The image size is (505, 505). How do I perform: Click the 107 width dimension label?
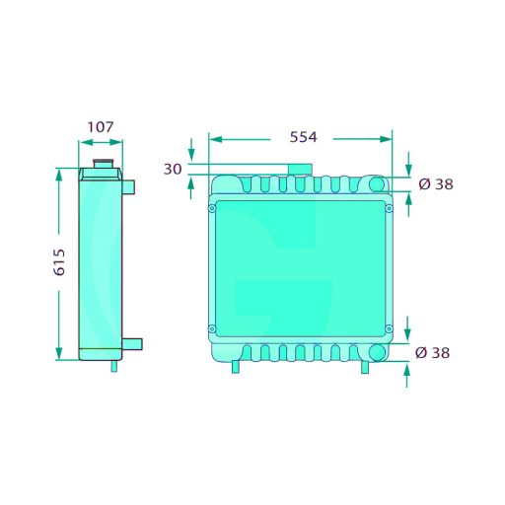click(x=101, y=127)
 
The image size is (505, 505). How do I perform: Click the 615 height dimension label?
click(x=59, y=262)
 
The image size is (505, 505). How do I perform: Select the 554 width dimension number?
click(x=303, y=137)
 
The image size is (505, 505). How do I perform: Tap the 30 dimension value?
click(x=173, y=169)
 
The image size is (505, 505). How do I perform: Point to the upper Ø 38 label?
click(x=436, y=184)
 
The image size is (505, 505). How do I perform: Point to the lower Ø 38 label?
click(x=432, y=353)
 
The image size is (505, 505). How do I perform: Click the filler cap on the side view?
click(x=104, y=164)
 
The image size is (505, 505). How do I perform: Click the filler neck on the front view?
click(x=300, y=170)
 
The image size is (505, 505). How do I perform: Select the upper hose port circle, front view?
click(x=377, y=184)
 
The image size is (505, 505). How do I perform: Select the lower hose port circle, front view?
click(x=377, y=353)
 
